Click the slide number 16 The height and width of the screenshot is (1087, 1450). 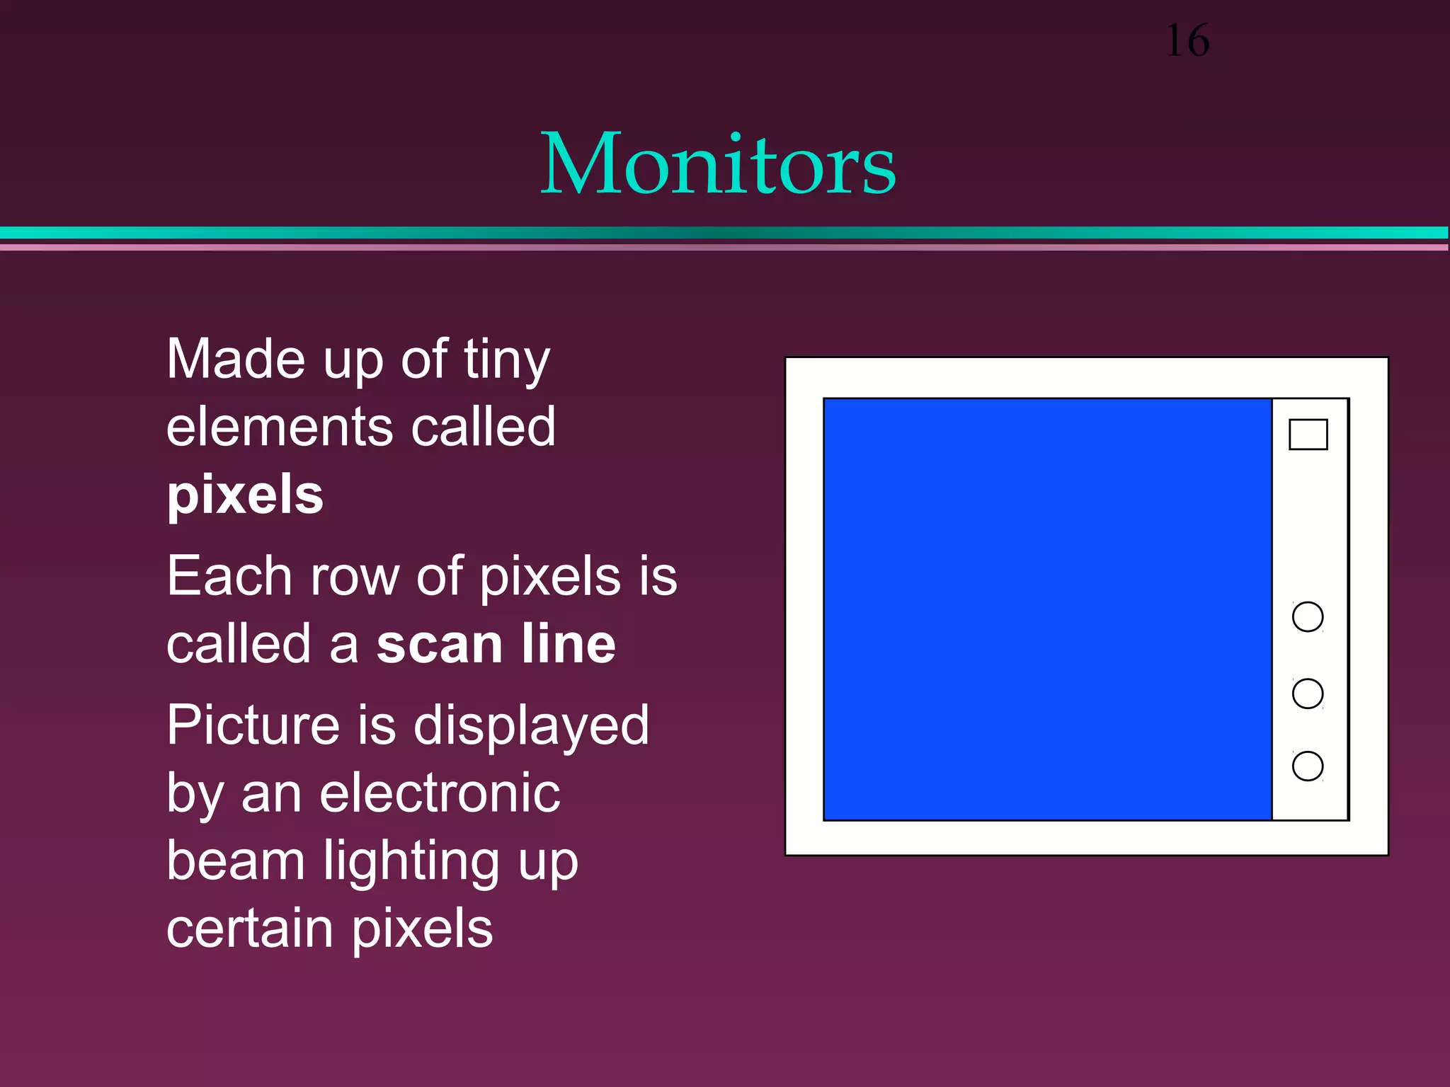click(x=1187, y=41)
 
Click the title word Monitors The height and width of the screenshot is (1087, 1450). click(x=717, y=164)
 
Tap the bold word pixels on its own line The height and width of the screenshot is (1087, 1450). click(x=245, y=495)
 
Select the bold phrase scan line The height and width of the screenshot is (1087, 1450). click(x=496, y=644)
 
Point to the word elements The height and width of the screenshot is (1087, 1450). click(x=280, y=427)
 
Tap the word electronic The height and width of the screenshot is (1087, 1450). click(x=440, y=793)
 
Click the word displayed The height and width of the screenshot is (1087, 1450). click(x=531, y=726)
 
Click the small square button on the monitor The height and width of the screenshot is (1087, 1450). click(x=1308, y=435)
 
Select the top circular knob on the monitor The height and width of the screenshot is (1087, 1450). click(x=1307, y=616)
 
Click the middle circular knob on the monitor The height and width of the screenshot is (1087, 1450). click(x=1307, y=693)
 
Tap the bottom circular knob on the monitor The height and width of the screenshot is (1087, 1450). click(x=1307, y=766)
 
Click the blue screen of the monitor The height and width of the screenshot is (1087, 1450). click(x=1048, y=609)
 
